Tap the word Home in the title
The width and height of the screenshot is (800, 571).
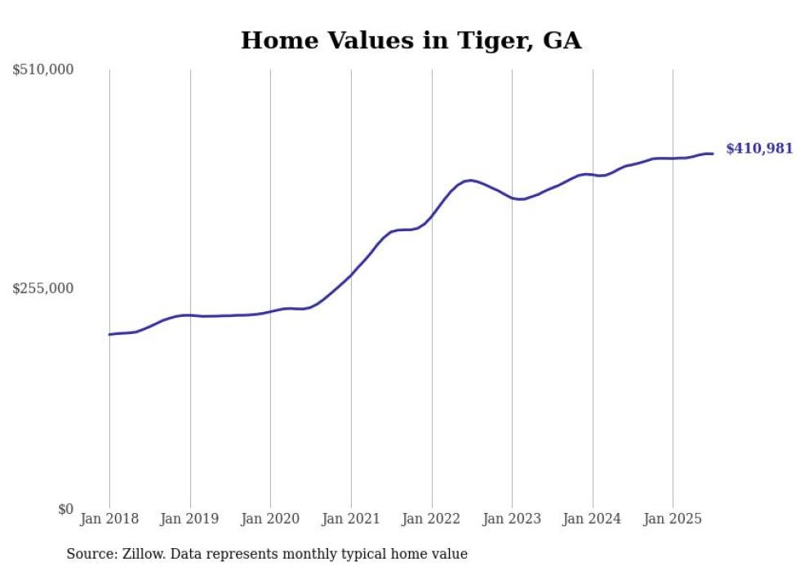point(274,41)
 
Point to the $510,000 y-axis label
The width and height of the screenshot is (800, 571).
point(43,70)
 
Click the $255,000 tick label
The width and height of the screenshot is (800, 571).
point(43,288)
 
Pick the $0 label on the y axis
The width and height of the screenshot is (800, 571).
point(64,509)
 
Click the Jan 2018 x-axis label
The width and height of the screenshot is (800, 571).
point(109,519)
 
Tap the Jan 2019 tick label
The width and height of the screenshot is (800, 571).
point(190,519)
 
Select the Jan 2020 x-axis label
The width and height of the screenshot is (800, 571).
point(270,519)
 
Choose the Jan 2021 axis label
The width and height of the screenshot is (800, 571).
point(351,519)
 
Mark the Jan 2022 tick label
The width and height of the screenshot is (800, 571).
point(432,519)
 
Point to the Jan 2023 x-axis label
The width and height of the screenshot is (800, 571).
point(512,519)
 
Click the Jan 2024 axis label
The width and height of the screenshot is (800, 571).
point(593,519)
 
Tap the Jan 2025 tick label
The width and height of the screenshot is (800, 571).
point(673,519)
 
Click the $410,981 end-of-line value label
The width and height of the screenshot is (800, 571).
point(759,149)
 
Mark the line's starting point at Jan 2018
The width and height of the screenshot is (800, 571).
point(109,334)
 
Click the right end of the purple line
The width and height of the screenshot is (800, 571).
point(713,154)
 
